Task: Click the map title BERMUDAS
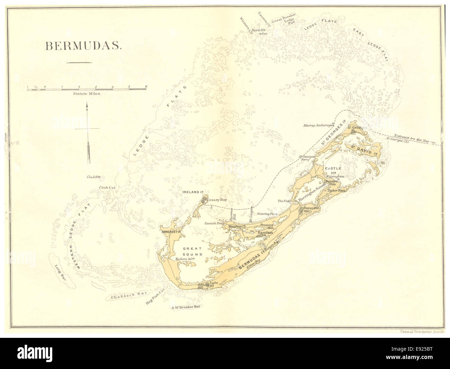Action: tap(82, 46)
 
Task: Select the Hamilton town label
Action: tap(265, 233)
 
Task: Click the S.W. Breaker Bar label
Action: tap(186, 306)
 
